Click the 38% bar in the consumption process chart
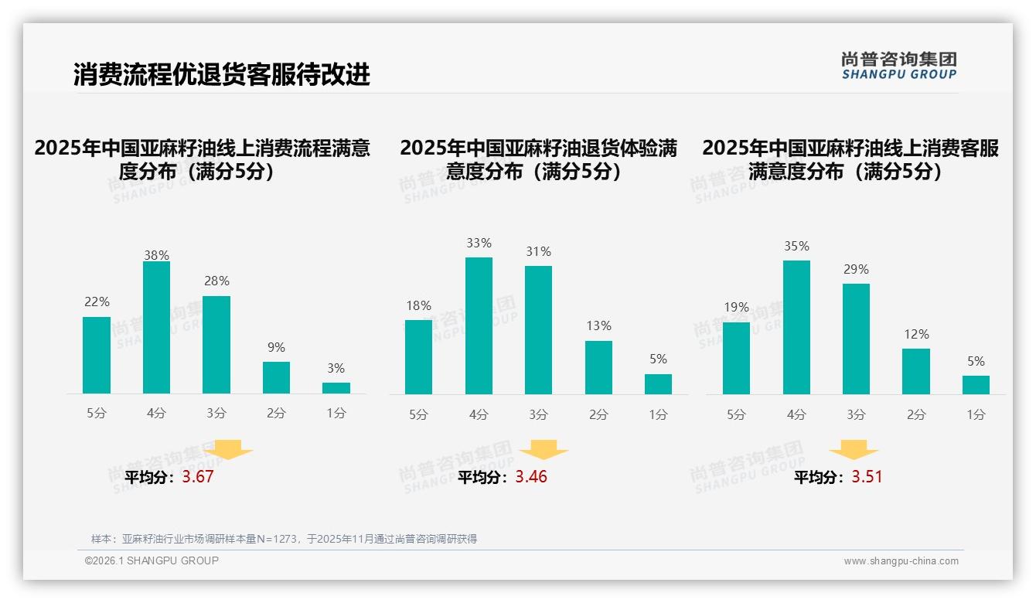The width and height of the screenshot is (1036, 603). (156, 328)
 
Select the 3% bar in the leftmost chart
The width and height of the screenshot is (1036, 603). (336, 388)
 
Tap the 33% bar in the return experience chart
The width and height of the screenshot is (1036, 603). (479, 325)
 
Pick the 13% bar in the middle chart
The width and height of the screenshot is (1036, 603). (598, 368)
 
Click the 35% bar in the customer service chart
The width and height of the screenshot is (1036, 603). (796, 327)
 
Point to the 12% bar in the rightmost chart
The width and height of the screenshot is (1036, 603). (916, 372)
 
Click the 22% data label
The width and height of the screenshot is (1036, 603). (97, 302)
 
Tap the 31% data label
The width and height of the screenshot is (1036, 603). (539, 252)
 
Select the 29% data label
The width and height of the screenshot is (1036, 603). (856, 270)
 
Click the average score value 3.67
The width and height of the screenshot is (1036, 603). (198, 477)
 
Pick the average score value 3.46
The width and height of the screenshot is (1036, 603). (531, 477)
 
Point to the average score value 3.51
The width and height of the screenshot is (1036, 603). (867, 477)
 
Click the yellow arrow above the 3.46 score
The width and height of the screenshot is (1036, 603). (544, 450)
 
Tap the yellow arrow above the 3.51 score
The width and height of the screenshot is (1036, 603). (854, 450)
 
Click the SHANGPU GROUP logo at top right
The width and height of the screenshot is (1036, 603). (898, 66)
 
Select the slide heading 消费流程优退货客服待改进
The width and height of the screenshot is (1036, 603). (222, 75)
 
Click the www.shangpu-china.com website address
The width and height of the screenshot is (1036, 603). (901, 561)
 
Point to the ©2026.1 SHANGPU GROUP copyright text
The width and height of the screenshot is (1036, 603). (152, 560)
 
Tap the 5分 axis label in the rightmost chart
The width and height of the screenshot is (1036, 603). (736, 415)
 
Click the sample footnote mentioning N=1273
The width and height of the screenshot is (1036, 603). (284, 539)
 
